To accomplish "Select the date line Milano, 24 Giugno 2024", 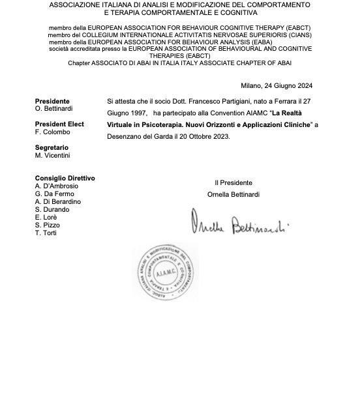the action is point(277,85).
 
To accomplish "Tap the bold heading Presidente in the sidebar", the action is point(52,101).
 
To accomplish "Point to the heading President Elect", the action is point(59,124).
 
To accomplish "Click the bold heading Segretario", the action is point(52,148).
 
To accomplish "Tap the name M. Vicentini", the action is point(53,155).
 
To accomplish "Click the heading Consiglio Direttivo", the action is point(65,178).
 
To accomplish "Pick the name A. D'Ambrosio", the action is point(57,186).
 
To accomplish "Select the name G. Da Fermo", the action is point(55,194).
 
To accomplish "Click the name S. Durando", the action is point(52,209).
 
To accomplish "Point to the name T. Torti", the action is point(46,233).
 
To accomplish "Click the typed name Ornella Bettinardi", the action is point(234,194).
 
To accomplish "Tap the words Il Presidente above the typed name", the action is point(233,182).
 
